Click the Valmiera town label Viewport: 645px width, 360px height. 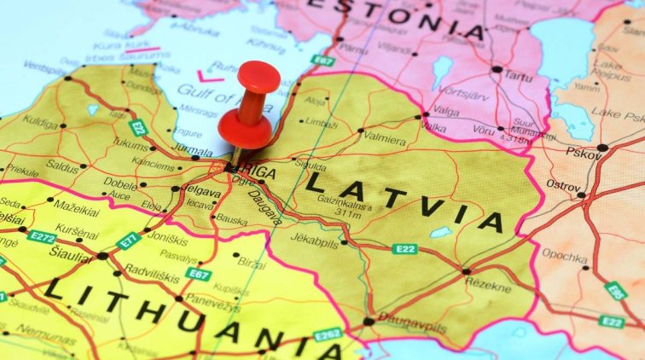pyautogui.click(x=385, y=136)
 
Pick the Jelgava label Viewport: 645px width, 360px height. pyautogui.click(x=201, y=193)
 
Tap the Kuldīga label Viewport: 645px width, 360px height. pyautogui.click(x=40, y=123)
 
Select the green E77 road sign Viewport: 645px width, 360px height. pyautogui.click(x=128, y=240)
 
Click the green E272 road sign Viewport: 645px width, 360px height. pyautogui.click(x=41, y=236)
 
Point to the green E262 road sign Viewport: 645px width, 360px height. pyautogui.click(x=328, y=334)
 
